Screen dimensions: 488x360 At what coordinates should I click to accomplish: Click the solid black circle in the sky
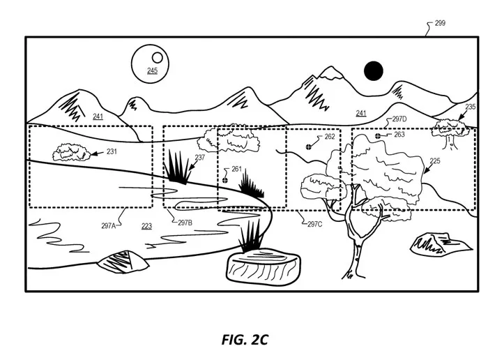(x=373, y=70)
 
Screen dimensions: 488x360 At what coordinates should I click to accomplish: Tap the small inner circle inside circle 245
(x=157, y=58)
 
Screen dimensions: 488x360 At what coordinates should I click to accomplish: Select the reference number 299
(x=440, y=23)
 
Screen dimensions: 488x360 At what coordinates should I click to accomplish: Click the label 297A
(x=108, y=225)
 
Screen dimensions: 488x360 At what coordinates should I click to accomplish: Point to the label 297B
(x=185, y=223)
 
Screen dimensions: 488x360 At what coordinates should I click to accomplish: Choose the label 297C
(x=314, y=224)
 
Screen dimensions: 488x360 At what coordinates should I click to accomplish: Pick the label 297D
(x=399, y=119)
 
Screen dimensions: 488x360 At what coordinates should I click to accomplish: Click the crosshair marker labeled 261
(x=225, y=180)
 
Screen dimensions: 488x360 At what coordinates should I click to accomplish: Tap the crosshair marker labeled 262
(x=308, y=147)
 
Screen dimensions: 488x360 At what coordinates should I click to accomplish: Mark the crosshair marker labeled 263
(x=378, y=136)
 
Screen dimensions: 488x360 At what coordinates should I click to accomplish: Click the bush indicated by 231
(x=72, y=152)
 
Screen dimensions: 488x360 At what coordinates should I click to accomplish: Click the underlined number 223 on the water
(x=146, y=226)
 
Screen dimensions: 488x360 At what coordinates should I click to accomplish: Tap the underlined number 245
(x=152, y=70)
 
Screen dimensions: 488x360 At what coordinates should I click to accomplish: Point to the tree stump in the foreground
(x=263, y=267)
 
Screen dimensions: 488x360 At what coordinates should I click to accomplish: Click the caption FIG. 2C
(x=245, y=340)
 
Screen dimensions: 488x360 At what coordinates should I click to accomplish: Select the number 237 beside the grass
(x=200, y=157)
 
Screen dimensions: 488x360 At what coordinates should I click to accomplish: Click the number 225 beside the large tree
(x=435, y=160)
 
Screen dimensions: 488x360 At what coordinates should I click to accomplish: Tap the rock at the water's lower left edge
(x=123, y=262)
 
